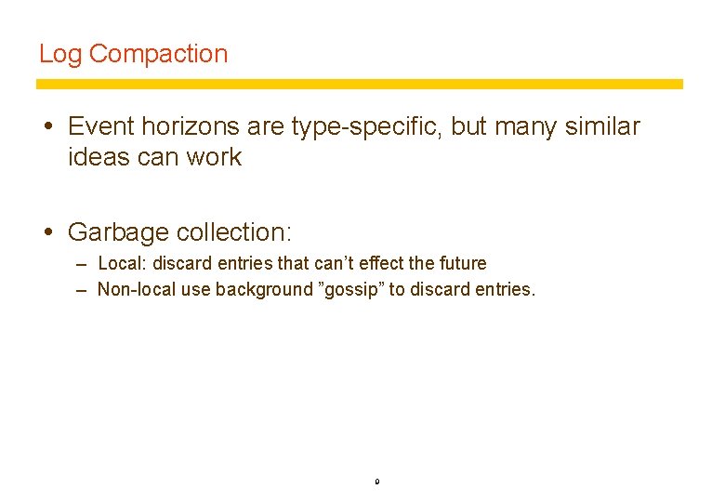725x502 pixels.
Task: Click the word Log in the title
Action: tap(60, 54)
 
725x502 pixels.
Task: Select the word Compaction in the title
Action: tap(158, 54)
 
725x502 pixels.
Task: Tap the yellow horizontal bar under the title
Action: tap(359, 84)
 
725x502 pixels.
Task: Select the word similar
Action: tap(600, 125)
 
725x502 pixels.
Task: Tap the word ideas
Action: tap(99, 157)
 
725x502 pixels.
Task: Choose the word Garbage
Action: tap(119, 231)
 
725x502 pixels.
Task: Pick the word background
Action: tap(265, 290)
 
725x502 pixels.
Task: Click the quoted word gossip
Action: tap(351, 290)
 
